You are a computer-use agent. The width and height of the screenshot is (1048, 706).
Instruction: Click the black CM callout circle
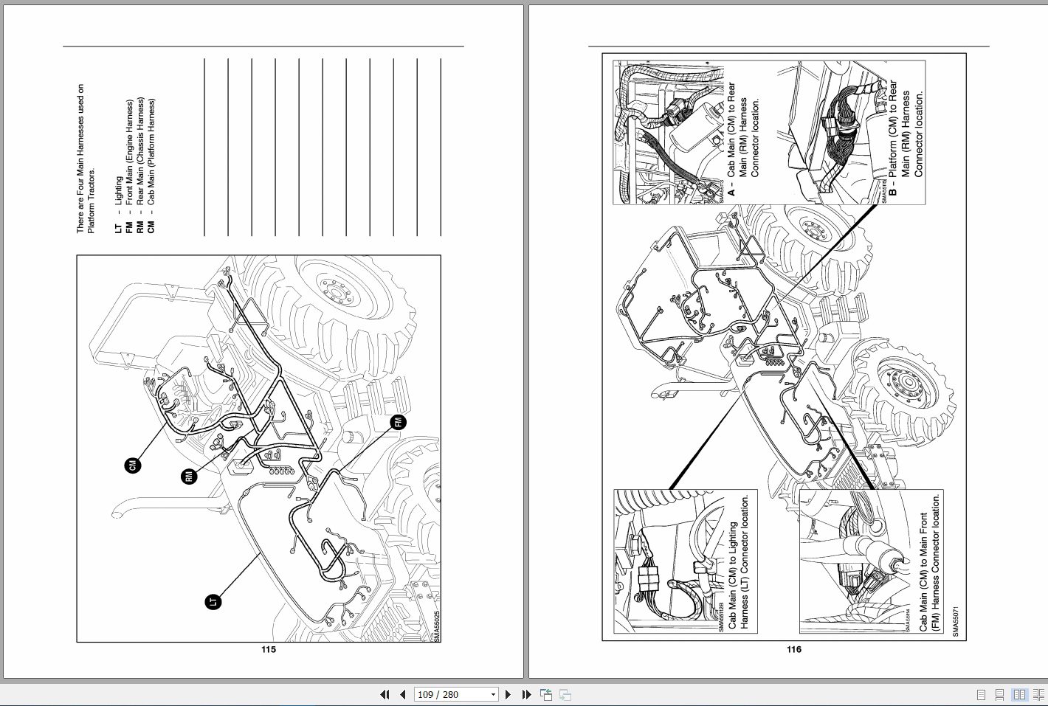(x=133, y=465)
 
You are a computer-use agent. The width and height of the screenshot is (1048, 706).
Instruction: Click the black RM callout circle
(x=190, y=477)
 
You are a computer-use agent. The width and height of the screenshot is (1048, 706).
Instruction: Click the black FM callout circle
(x=399, y=422)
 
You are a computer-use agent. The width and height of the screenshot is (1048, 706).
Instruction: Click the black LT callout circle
(x=213, y=602)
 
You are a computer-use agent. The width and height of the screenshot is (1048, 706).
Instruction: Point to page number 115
(x=268, y=649)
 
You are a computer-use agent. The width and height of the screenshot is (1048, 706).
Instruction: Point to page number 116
(x=793, y=649)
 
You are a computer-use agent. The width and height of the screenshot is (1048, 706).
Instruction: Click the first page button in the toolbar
(x=385, y=694)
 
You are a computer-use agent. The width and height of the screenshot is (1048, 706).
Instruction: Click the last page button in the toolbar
(x=526, y=694)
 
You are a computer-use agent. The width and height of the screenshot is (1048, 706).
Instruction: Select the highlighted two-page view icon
(x=1019, y=694)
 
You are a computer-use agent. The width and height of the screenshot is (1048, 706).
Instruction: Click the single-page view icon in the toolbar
(x=981, y=694)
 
